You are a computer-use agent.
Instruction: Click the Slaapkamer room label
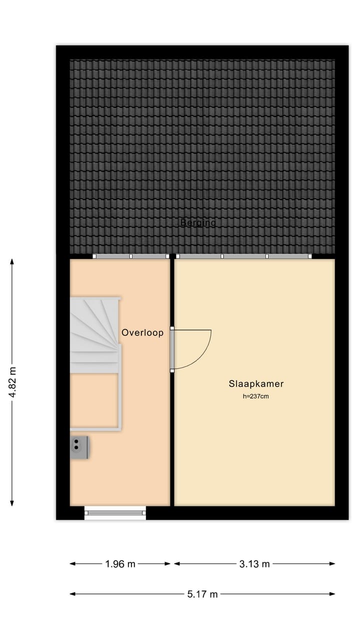256,384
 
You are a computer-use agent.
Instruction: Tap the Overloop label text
142,332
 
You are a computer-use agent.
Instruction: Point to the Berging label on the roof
198,222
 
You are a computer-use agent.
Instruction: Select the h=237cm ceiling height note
256,396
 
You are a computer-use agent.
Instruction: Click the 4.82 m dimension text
12,382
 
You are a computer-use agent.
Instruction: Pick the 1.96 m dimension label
120,564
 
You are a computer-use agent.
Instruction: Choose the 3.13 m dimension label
254,564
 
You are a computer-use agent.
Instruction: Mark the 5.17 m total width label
202,594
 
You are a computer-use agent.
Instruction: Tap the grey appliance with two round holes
79,447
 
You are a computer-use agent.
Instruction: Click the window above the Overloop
131,256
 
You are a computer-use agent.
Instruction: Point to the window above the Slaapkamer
244,256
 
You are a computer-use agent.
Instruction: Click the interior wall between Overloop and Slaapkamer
172,440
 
